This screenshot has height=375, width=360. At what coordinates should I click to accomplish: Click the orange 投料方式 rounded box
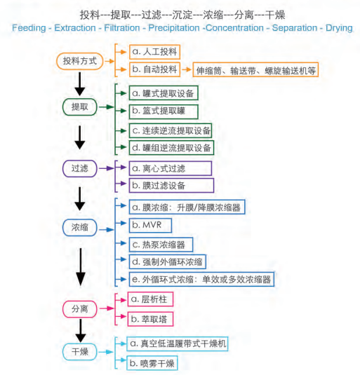tap(80, 61)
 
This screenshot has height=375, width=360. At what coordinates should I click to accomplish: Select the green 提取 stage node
tap(80, 107)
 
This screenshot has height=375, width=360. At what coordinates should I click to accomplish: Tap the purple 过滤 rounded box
tap(80, 169)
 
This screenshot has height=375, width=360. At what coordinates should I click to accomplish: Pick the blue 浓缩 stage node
tap(80, 227)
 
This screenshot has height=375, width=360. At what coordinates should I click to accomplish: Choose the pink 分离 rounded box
tap(80, 309)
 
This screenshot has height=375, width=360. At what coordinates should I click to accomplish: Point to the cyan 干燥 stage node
tap(80, 352)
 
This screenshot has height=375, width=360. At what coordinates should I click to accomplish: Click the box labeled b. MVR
tap(150, 225)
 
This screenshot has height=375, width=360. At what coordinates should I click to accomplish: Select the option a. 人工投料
tap(154, 52)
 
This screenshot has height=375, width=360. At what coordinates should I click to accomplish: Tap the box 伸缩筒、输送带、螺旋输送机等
tap(255, 70)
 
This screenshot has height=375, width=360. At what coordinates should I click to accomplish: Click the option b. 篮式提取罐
tap(164, 111)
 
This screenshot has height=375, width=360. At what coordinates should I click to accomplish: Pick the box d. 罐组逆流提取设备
tap(171, 148)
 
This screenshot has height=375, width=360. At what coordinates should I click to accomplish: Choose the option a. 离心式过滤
tap(171, 168)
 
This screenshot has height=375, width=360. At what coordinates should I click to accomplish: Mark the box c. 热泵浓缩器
tap(161, 245)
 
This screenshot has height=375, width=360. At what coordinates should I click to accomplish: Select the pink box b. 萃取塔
tap(150, 319)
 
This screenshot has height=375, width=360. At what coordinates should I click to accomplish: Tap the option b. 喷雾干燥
tap(152, 363)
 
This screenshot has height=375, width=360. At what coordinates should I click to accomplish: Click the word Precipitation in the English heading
tap(174, 28)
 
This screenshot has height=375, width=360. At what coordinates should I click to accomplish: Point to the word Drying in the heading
tap(339, 28)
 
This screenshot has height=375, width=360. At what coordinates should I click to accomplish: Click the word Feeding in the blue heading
tap(29, 28)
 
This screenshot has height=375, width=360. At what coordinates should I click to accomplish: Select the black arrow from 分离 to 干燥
tap(81, 331)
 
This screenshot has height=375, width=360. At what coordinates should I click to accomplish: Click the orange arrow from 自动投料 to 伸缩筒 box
tap(187, 69)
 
